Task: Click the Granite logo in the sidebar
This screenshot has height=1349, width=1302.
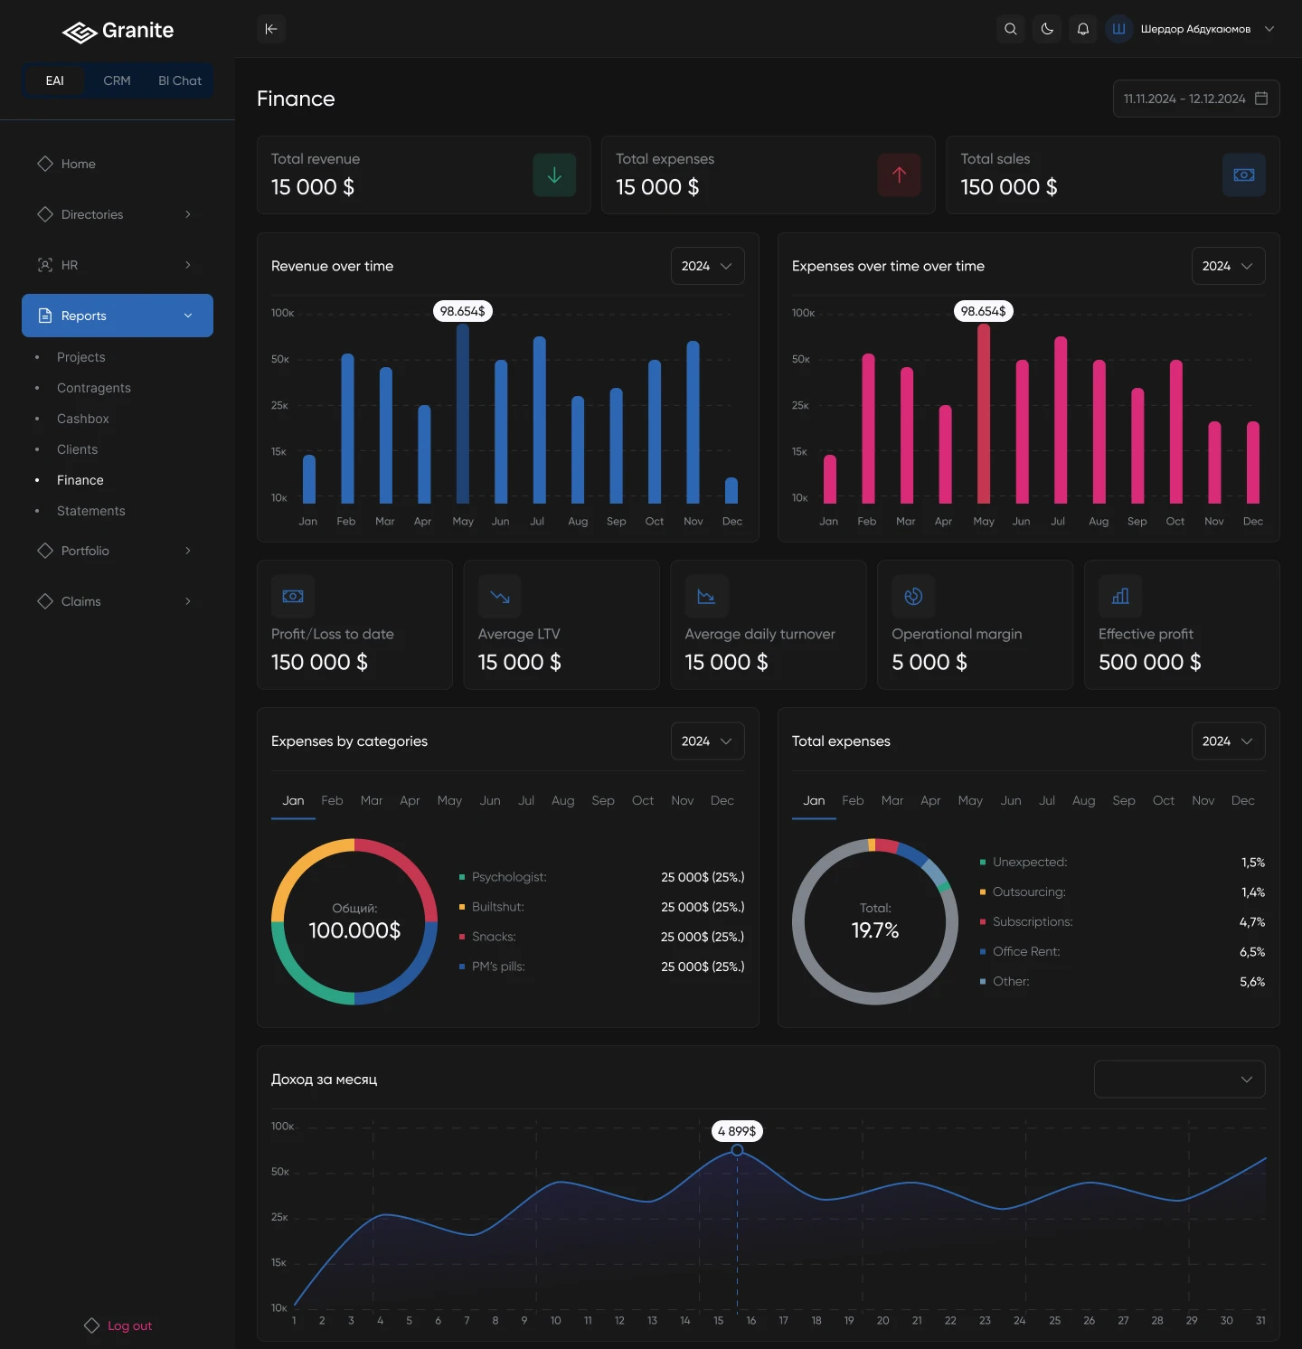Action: click(118, 32)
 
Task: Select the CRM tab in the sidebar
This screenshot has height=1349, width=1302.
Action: click(117, 80)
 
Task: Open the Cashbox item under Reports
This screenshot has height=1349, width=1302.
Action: click(82, 419)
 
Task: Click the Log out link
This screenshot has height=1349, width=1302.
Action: click(128, 1325)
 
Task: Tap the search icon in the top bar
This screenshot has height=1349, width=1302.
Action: click(1011, 29)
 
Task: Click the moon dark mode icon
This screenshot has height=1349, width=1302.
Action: click(1047, 29)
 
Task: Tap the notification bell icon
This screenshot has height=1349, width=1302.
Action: click(1083, 29)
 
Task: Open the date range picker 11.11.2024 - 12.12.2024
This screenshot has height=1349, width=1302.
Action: click(1195, 99)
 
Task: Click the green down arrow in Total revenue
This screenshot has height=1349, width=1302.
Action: click(554, 175)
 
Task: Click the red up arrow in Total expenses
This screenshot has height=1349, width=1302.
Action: click(899, 175)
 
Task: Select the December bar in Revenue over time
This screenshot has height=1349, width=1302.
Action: click(731, 491)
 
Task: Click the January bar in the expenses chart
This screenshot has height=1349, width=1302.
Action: click(829, 479)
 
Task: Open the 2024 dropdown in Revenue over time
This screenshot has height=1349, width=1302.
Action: click(707, 266)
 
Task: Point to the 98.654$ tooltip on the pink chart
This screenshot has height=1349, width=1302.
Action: click(983, 311)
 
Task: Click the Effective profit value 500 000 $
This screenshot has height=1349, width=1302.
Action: click(1149, 663)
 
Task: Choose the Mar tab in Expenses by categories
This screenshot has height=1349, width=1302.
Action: click(371, 800)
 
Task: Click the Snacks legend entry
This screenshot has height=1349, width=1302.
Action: click(494, 937)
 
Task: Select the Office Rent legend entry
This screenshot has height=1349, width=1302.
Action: click(1025, 951)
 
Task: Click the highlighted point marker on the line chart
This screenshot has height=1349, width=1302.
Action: click(737, 1150)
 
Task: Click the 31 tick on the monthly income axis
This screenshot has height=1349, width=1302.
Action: click(1260, 1320)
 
